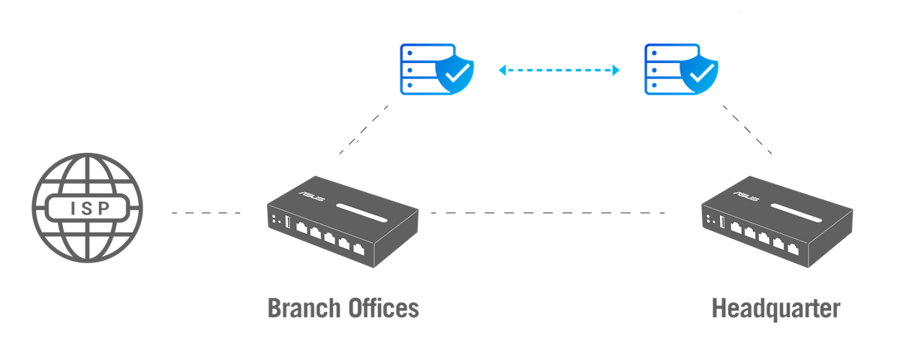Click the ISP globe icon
pyautogui.click(x=87, y=208)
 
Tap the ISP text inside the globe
pyautogui.click(x=87, y=208)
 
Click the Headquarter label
pyautogui.click(x=775, y=308)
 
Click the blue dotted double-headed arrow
pyautogui.click(x=559, y=70)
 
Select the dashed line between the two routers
pyautogui.click(x=547, y=213)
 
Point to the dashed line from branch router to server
pyautogui.click(x=364, y=129)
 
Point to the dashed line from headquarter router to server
pyautogui.click(x=747, y=129)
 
